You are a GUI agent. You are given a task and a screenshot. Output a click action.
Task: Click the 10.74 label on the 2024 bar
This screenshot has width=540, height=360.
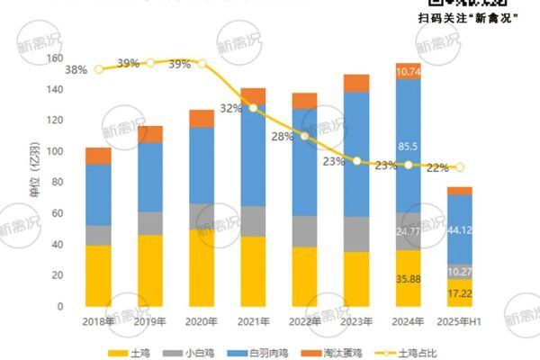409,71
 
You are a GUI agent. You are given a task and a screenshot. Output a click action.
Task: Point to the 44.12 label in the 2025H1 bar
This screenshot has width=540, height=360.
460,231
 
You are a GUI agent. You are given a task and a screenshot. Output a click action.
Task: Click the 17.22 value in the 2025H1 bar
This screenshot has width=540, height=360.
460,294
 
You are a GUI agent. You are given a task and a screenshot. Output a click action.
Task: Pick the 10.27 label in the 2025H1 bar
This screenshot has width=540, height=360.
460,271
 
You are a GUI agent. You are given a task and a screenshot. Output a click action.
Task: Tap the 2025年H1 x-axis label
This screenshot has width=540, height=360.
459,320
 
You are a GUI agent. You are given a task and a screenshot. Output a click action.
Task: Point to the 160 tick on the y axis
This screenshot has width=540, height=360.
55,58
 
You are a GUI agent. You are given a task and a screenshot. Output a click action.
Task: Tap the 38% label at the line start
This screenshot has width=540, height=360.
76,69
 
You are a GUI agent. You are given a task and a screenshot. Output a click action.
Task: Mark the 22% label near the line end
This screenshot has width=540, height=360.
437,166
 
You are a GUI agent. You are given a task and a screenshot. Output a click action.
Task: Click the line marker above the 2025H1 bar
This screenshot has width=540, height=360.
460,167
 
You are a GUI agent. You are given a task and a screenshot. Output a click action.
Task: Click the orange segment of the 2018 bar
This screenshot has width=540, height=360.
98,156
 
